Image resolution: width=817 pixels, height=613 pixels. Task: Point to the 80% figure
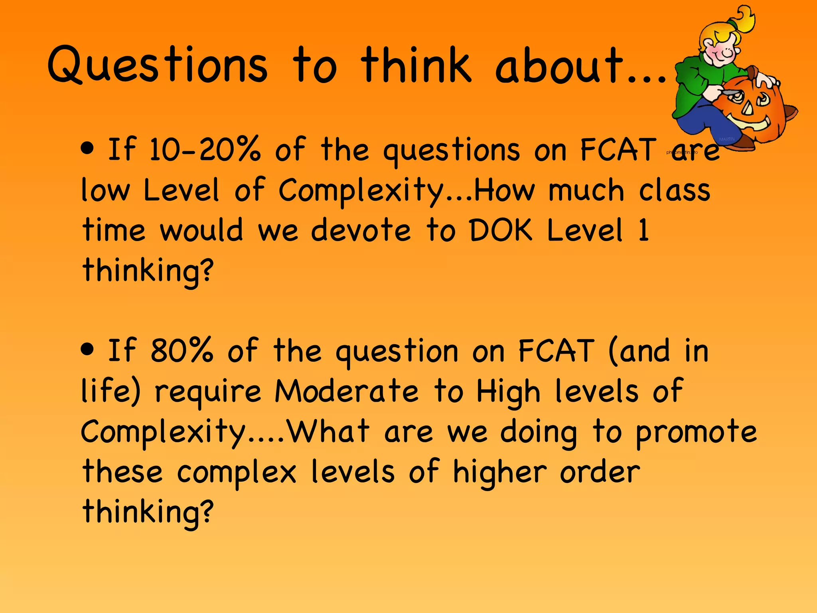click(x=182, y=351)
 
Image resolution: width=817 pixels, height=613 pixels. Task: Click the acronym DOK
click(x=501, y=230)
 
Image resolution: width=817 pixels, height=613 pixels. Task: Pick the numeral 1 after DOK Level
click(x=643, y=230)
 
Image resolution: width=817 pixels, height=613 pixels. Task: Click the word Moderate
click(x=346, y=391)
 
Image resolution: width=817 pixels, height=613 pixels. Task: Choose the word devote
click(x=361, y=230)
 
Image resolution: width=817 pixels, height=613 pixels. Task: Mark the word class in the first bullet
click(x=675, y=190)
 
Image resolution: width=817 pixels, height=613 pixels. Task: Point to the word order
click(x=600, y=473)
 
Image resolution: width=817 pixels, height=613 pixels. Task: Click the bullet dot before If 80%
click(x=87, y=350)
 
